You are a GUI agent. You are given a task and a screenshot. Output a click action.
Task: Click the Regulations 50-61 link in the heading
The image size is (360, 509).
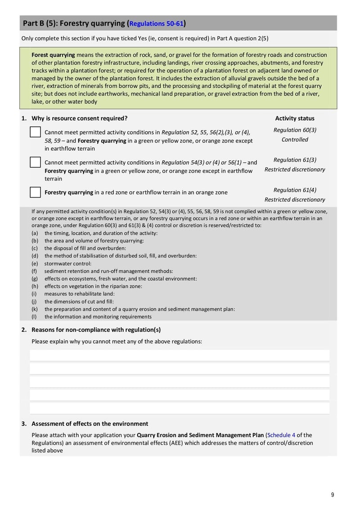tap(157, 23)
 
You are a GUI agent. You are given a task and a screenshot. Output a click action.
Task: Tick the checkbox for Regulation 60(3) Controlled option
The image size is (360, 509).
tap(36, 132)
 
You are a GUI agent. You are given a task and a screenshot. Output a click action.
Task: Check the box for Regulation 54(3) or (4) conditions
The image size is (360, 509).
tap(36, 162)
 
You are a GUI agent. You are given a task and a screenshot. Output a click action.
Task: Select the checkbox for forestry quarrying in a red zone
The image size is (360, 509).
tap(36, 192)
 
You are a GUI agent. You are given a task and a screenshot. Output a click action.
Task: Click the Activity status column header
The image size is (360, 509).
tap(295, 118)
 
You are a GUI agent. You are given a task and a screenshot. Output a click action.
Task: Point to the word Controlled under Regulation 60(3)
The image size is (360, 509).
tap(295, 140)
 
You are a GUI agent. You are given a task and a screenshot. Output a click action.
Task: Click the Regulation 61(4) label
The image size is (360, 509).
tap(295, 190)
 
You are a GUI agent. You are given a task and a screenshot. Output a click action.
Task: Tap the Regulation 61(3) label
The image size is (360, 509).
tap(295, 160)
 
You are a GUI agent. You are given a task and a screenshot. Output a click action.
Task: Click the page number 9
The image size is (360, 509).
tap(333, 495)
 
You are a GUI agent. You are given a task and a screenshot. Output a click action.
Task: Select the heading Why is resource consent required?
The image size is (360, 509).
tap(79, 118)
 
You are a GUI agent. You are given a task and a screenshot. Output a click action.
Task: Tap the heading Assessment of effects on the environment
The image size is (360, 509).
tap(90, 423)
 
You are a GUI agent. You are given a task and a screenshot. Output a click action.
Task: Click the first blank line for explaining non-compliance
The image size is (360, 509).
tap(180, 356)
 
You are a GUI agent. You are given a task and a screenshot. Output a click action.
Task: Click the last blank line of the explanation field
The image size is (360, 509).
tap(180, 408)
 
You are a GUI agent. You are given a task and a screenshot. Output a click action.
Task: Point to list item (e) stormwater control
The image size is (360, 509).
tap(67, 264)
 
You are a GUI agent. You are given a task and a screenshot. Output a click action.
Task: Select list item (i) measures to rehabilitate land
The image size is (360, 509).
tap(76, 294)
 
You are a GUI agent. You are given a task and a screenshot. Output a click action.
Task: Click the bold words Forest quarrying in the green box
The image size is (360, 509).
tap(53, 55)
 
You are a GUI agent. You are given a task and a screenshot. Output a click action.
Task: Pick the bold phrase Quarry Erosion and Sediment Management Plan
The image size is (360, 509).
tap(200, 435)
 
